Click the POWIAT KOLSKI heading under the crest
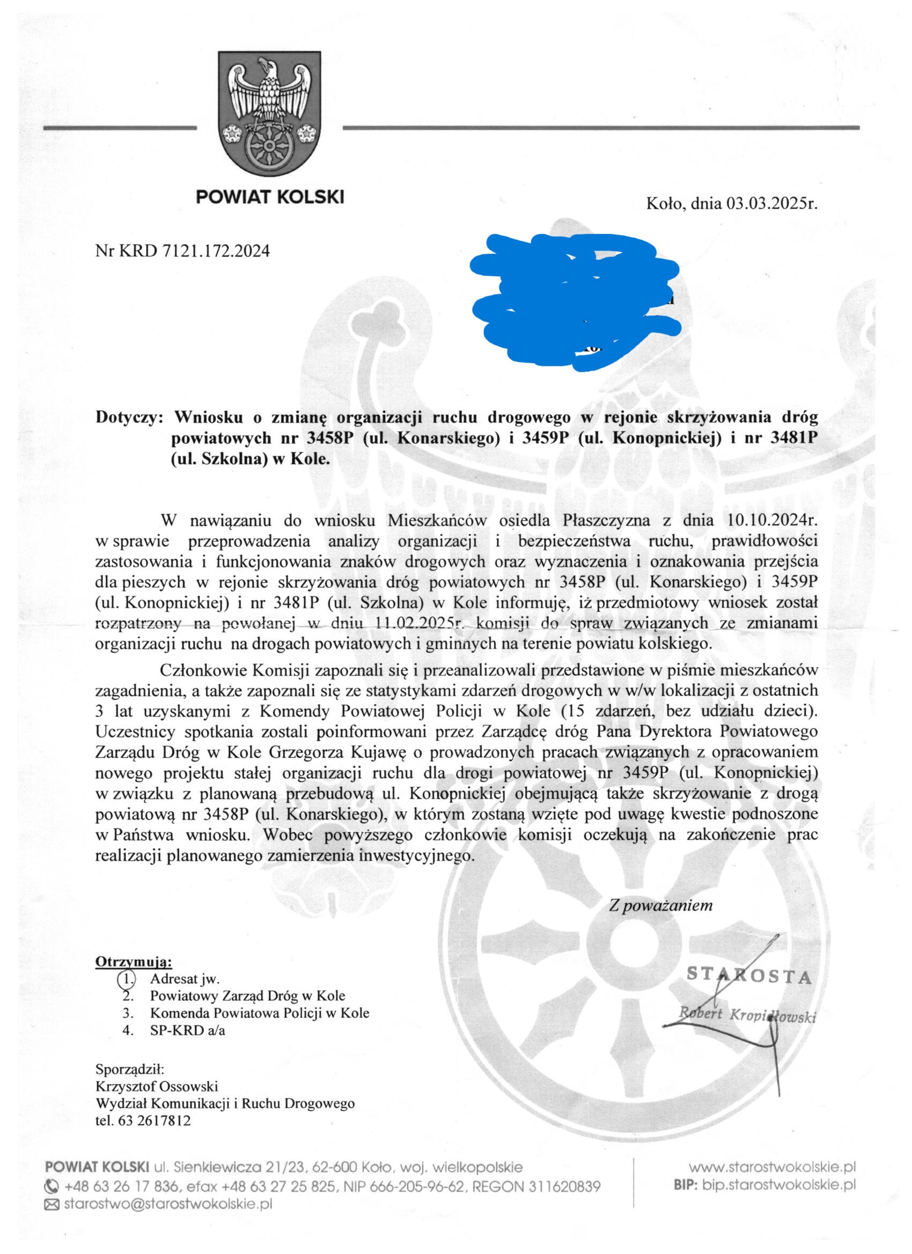(x=270, y=196)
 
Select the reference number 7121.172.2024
(x=216, y=251)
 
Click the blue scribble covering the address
(x=575, y=301)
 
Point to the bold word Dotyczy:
(x=129, y=417)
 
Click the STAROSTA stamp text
(x=749, y=991)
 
